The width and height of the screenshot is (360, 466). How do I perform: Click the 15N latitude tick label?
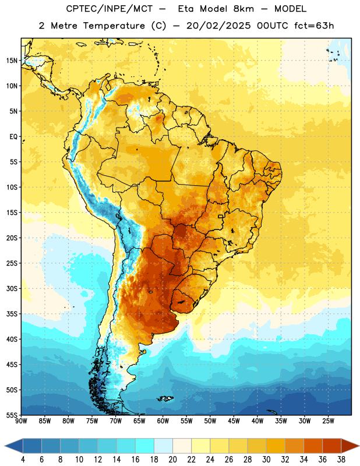[x=12, y=61]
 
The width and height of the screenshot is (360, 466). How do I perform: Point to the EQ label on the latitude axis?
[x=13, y=137]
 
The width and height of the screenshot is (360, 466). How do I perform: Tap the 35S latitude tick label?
[x=12, y=314]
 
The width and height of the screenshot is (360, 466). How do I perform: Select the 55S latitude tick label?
[x=12, y=415]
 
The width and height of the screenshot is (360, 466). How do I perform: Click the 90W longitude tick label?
[x=21, y=421]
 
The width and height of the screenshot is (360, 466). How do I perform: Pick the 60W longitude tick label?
[x=163, y=421]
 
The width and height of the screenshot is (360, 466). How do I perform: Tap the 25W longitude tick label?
[x=328, y=421]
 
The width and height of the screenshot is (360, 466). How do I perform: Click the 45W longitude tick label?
[x=234, y=421]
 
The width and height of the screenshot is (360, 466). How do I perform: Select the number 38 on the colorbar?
[x=341, y=460]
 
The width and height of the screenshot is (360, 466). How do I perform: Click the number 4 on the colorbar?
[x=23, y=460]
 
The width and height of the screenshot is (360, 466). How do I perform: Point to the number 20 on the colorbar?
[x=172, y=460]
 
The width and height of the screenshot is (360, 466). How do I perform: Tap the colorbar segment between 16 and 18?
[x=145, y=446]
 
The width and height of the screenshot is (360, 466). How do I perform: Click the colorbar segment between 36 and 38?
[x=332, y=446]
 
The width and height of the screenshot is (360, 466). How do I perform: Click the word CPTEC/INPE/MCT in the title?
[x=109, y=9]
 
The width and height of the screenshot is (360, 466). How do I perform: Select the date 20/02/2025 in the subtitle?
[x=218, y=26]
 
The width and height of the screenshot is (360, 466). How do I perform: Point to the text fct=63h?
[x=314, y=26]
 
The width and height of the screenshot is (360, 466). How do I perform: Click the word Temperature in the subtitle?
[x=114, y=26]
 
